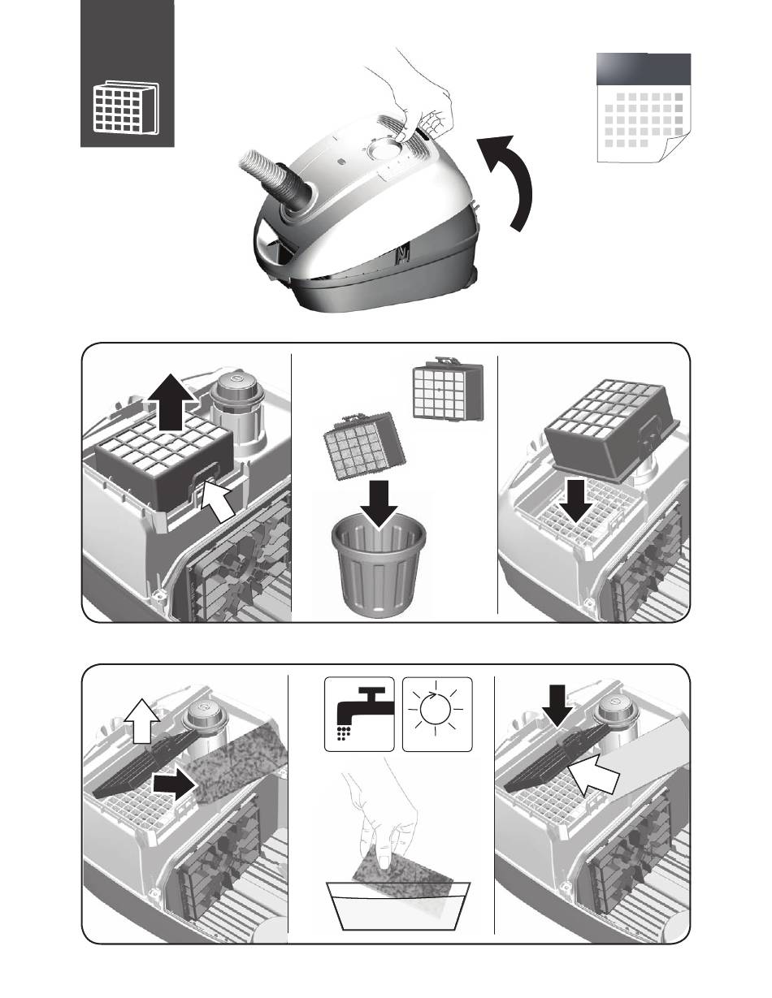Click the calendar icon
pyautogui.click(x=643, y=109)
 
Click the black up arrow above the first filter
pyautogui.click(x=171, y=401)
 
